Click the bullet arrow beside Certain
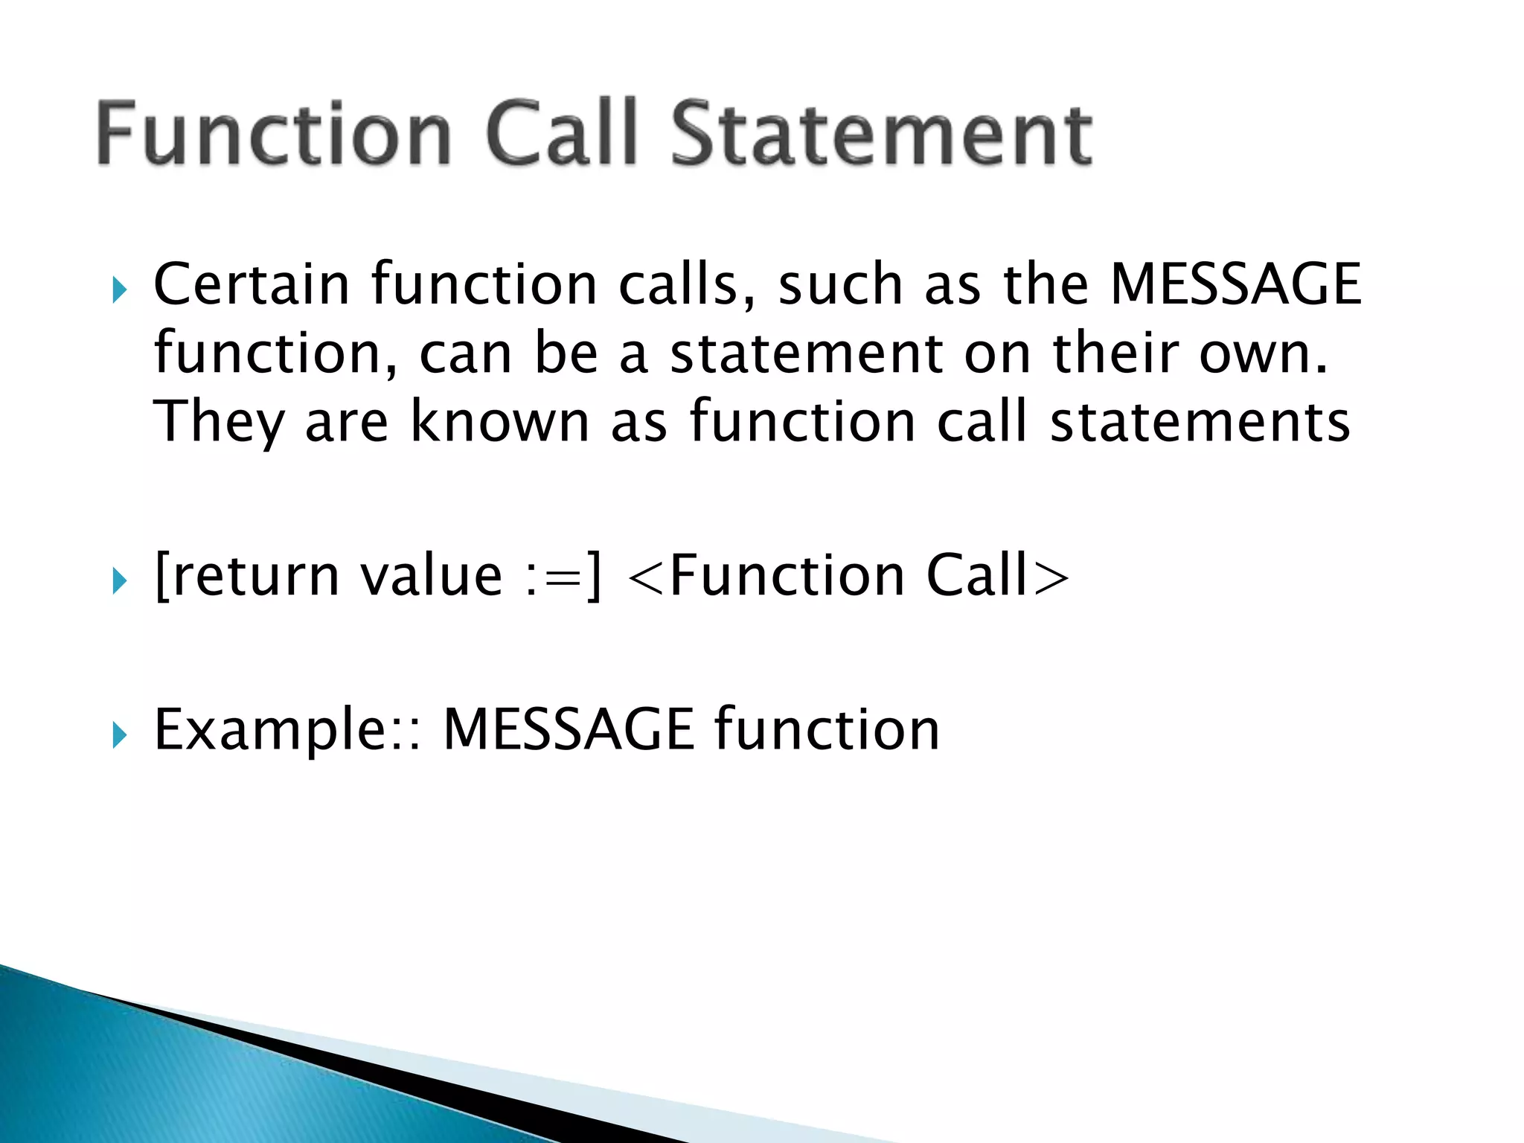(x=119, y=289)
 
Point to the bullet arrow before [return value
(x=119, y=580)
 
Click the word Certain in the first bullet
(x=252, y=284)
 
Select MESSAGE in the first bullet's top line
(x=1235, y=284)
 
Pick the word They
(x=220, y=422)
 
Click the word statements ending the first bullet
(x=1200, y=422)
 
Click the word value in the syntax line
(x=432, y=576)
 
